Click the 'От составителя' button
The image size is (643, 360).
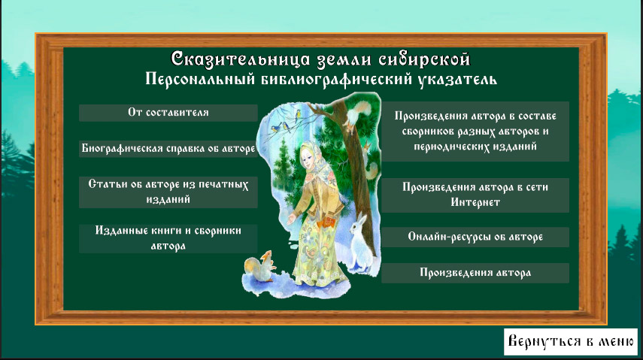tap(168, 113)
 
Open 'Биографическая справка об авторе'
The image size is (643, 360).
tap(168, 149)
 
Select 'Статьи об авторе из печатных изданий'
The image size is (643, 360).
tap(168, 192)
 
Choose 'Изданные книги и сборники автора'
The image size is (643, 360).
tap(168, 238)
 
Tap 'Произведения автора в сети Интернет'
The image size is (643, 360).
tap(475, 195)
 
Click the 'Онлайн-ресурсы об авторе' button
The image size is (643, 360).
tap(475, 237)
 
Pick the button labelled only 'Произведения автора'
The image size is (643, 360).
tap(475, 273)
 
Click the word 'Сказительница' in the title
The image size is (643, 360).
tap(241, 59)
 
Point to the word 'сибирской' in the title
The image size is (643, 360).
tap(424, 60)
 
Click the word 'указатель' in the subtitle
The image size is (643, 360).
tap(458, 79)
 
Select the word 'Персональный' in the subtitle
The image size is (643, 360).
tap(201, 79)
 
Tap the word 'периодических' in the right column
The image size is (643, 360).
tap(447, 147)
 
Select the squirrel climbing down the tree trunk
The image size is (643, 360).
tap(354, 116)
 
